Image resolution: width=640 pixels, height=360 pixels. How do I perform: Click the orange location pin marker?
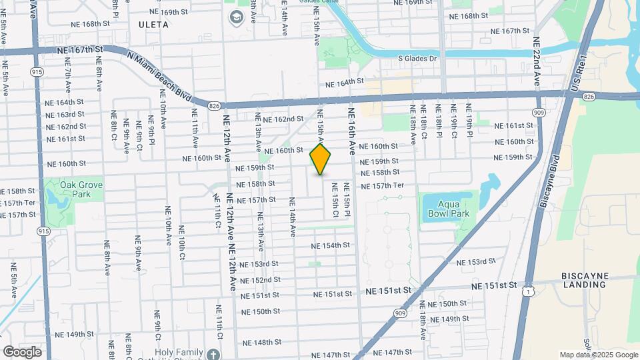click(321, 159)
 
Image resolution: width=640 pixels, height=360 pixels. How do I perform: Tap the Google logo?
click(21, 351)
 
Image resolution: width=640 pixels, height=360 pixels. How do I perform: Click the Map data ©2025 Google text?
click(599, 355)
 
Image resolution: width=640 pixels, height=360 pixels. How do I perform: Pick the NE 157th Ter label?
click(382, 185)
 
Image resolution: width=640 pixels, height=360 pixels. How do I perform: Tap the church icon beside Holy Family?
click(213, 353)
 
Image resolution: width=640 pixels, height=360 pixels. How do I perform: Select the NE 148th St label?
click(262, 343)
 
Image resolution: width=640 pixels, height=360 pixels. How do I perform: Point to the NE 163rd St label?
click(65, 115)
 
